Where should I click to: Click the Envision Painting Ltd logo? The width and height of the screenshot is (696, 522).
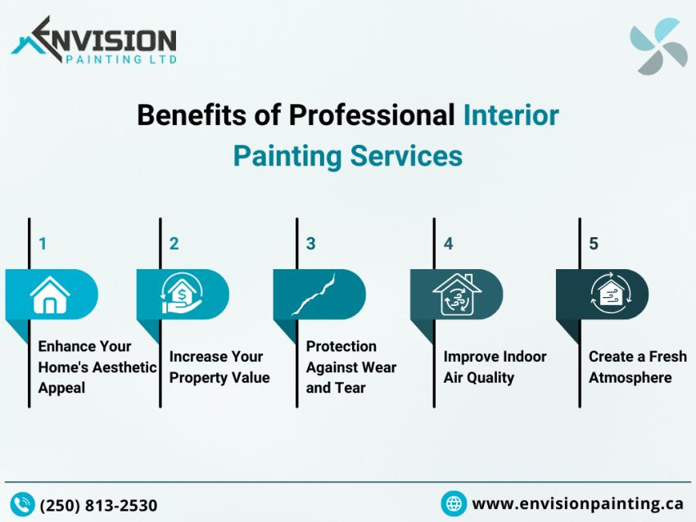(x=93, y=41)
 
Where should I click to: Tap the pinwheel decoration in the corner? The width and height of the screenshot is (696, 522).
(x=658, y=47)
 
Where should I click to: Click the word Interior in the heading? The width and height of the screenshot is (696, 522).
(x=511, y=115)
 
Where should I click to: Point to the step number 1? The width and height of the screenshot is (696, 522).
(x=43, y=244)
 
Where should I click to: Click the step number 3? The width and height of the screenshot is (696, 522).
(x=310, y=244)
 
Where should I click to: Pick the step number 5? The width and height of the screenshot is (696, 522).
(x=594, y=244)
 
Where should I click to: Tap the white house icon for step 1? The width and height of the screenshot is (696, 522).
(x=50, y=295)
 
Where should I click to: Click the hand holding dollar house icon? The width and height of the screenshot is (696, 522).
(x=182, y=295)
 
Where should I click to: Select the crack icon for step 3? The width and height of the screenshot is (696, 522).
(x=316, y=295)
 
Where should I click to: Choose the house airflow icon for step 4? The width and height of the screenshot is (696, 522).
(x=456, y=295)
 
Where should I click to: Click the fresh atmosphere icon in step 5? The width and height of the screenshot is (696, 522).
(x=608, y=295)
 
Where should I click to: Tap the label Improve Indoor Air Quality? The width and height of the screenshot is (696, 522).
(x=495, y=367)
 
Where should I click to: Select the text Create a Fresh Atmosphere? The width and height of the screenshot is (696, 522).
(x=637, y=367)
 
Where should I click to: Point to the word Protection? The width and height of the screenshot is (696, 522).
(x=341, y=346)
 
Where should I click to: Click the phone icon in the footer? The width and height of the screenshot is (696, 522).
(x=22, y=504)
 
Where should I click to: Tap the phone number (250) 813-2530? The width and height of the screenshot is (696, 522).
(x=98, y=505)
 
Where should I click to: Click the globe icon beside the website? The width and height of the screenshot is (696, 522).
(x=454, y=503)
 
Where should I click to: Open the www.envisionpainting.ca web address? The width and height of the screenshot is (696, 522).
(x=577, y=503)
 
